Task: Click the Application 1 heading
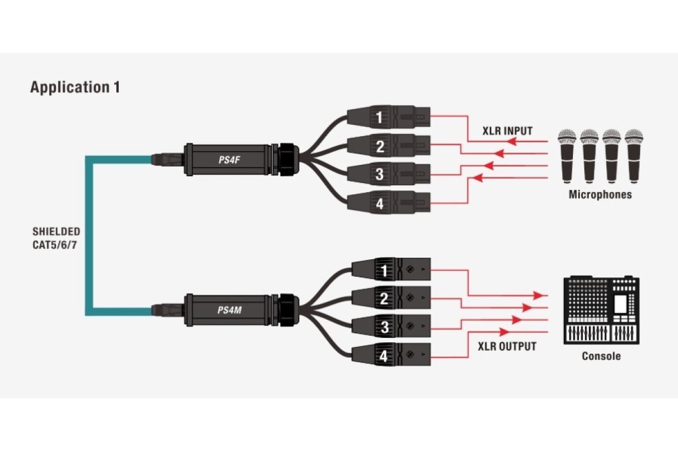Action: click(75, 88)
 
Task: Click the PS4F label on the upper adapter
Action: click(229, 160)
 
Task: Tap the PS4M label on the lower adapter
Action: click(229, 310)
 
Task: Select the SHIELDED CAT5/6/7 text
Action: click(56, 239)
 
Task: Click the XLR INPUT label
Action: click(507, 131)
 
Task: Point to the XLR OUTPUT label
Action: click(506, 346)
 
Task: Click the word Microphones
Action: click(600, 195)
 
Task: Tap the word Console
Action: click(601, 357)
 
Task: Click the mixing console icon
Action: click(601, 310)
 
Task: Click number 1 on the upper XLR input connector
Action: click(379, 118)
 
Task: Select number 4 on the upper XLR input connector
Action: click(379, 203)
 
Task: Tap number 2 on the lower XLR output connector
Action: click(384, 298)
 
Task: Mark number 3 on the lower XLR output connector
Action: click(384, 327)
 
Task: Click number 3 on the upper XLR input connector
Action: click(379, 175)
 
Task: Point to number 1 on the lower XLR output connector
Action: click(384, 271)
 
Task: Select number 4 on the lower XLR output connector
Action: click(384, 356)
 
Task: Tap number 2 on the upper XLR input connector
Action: click(379, 147)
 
